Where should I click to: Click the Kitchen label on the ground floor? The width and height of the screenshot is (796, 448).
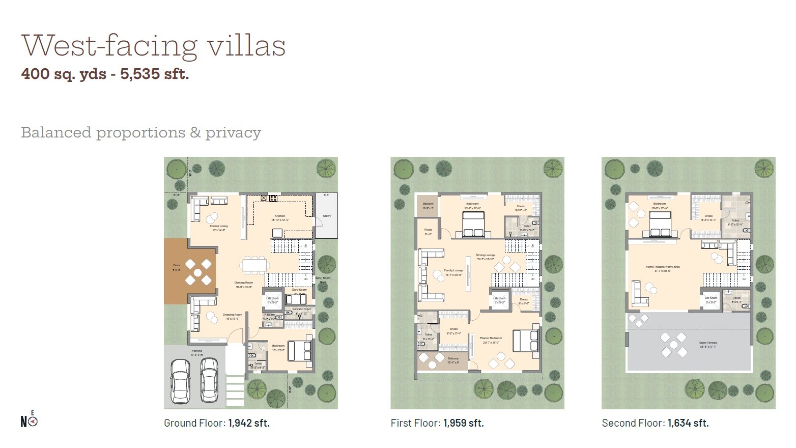[280, 216]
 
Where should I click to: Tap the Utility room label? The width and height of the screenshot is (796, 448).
[327, 216]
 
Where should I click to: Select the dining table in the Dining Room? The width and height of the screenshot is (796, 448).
[255, 264]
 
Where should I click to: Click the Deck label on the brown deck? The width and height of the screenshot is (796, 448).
[177, 265]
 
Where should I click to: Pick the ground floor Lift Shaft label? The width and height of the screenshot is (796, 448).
[272, 299]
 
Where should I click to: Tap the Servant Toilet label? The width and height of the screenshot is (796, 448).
[301, 309]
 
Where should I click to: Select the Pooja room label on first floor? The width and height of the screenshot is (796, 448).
[428, 230]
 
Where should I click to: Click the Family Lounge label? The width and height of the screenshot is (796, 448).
[453, 270]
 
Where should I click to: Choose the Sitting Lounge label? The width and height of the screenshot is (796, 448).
[486, 255]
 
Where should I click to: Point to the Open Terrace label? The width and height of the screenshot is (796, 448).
[708, 343]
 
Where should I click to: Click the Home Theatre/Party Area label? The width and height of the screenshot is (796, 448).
[663, 267]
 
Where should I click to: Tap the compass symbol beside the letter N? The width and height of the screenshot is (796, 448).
[33, 422]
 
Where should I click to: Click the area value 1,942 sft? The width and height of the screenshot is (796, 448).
[249, 423]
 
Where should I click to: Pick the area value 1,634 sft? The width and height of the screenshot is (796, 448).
[688, 423]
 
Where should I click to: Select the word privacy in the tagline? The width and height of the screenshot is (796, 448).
[233, 133]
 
